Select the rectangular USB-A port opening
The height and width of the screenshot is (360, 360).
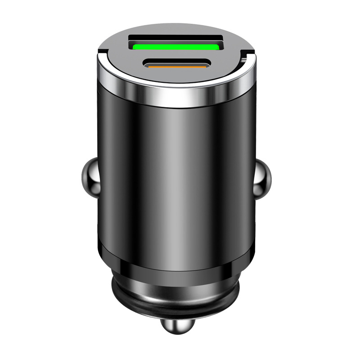pos(176,43)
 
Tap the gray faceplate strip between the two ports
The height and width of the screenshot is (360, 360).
pos(176,54)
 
